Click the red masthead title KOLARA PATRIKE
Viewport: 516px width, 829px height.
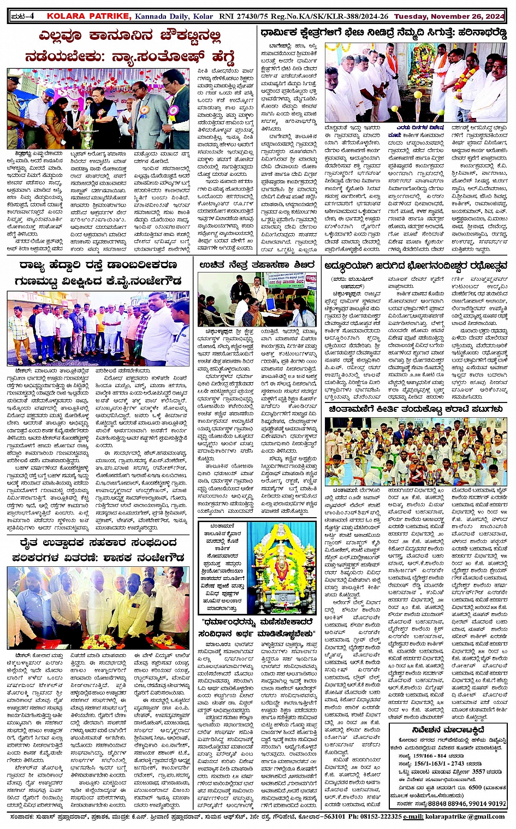pos(88,16)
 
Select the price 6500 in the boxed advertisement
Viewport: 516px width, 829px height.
pos(475,787)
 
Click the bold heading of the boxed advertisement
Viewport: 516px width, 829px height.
pos(449,730)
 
